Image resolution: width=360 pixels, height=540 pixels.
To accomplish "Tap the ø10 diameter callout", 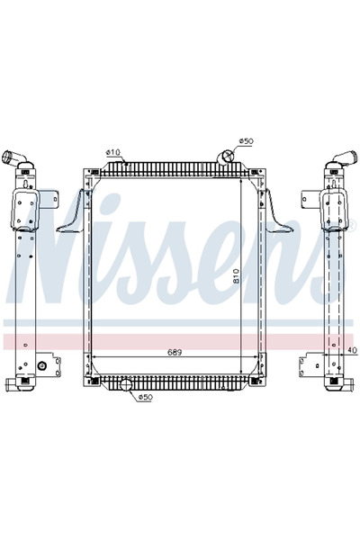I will click(x=112, y=152).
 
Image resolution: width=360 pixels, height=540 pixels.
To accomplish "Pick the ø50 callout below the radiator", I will click(x=145, y=396).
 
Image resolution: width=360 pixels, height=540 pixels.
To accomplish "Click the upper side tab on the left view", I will click(x=56, y=202).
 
